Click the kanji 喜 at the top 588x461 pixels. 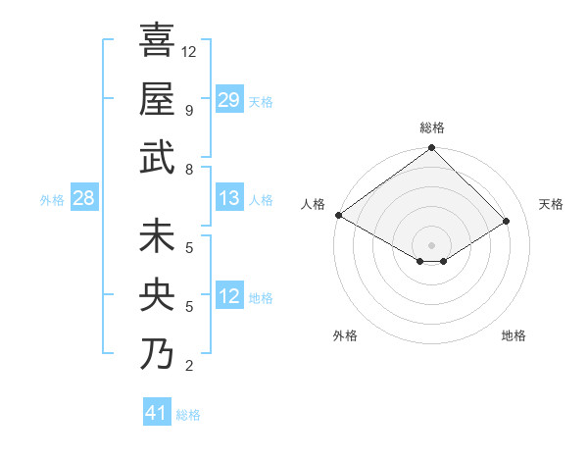click(x=157, y=41)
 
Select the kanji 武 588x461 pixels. click(x=157, y=159)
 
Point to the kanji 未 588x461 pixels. click(x=157, y=237)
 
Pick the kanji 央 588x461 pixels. click(x=157, y=296)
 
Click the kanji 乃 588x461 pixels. click(x=157, y=354)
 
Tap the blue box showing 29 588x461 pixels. click(x=229, y=100)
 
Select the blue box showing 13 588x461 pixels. click(x=229, y=198)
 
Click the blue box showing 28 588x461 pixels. click(x=84, y=198)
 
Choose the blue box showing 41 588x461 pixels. click(x=158, y=413)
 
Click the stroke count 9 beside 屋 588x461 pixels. click(x=189, y=111)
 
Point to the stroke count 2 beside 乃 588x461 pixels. click(x=189, y=366)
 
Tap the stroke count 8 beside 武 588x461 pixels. click(x=189, y=170)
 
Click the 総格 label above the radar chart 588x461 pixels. click(x=431, y=128)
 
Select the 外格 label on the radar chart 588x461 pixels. click(x=345, y=335)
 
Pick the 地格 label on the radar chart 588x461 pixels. click(x=514, y=335)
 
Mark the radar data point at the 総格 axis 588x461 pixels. click(x=431, y=149)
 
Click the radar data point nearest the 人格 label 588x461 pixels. click(x=338, y=215)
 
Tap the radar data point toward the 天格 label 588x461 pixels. click(x=508, y=222)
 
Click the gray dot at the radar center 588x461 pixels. click(x=431, y=244)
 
